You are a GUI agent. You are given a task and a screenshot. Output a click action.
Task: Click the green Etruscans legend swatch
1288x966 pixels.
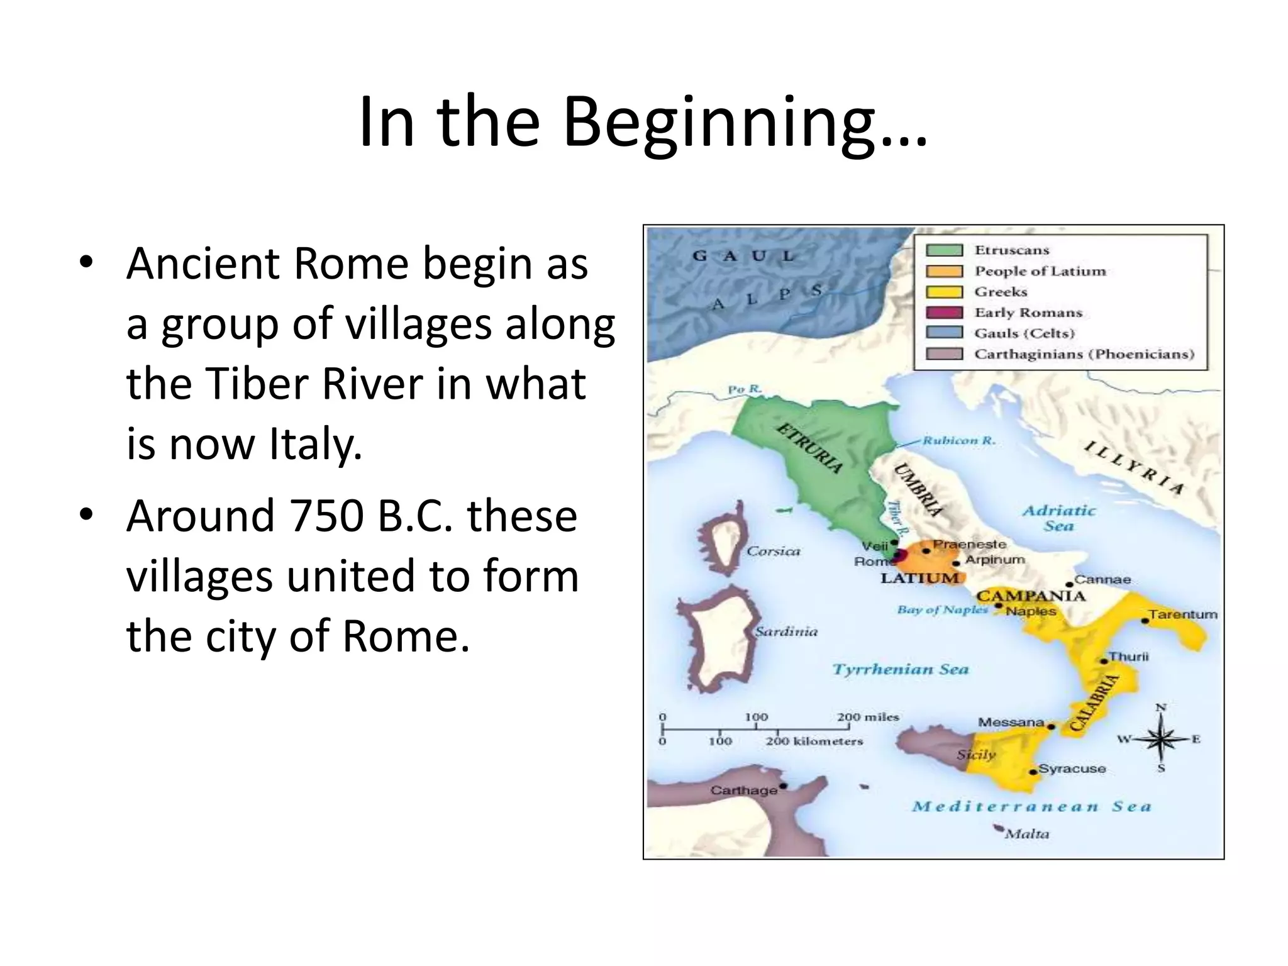pos(944,250)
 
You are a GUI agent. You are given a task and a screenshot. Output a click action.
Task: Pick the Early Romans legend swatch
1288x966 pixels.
pos(944,313)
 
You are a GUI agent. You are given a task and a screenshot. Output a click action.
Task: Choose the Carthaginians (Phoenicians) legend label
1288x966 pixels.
pos(1084,354)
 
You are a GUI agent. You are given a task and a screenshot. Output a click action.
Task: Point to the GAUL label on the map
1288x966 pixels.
pos(743,256)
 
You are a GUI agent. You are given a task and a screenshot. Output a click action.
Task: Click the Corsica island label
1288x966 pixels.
pos(773,552)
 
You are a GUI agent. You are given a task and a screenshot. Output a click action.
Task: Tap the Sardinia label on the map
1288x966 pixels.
pos(787,632)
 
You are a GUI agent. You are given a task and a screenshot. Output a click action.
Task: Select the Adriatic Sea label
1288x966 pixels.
pos(1059,518)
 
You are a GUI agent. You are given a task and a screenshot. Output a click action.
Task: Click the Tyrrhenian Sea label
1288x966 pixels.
pos(901,669)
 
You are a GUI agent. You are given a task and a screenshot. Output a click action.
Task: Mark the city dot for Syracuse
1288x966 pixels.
pos(1033,772)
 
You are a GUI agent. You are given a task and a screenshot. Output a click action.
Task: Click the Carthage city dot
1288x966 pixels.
pos(783,786)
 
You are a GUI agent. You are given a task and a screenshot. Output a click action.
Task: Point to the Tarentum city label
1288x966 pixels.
pos(1183,614)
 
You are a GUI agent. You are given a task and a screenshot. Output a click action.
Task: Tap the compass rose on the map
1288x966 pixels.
pos(1161,739)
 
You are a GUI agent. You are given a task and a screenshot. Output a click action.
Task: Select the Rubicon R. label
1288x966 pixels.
pos(959,441)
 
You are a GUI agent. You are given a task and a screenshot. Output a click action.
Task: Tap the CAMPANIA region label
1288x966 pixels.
pos(1031,596)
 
